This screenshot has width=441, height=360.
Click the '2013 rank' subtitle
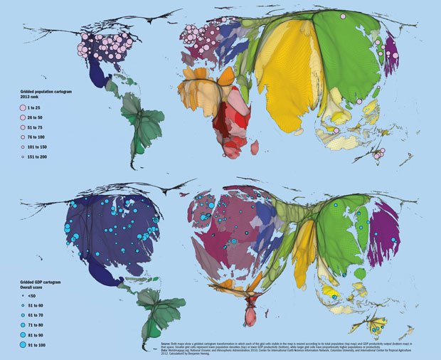(32, 97)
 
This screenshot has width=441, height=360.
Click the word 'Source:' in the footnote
(168, 343)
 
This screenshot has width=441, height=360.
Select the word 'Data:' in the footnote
(166, 350)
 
